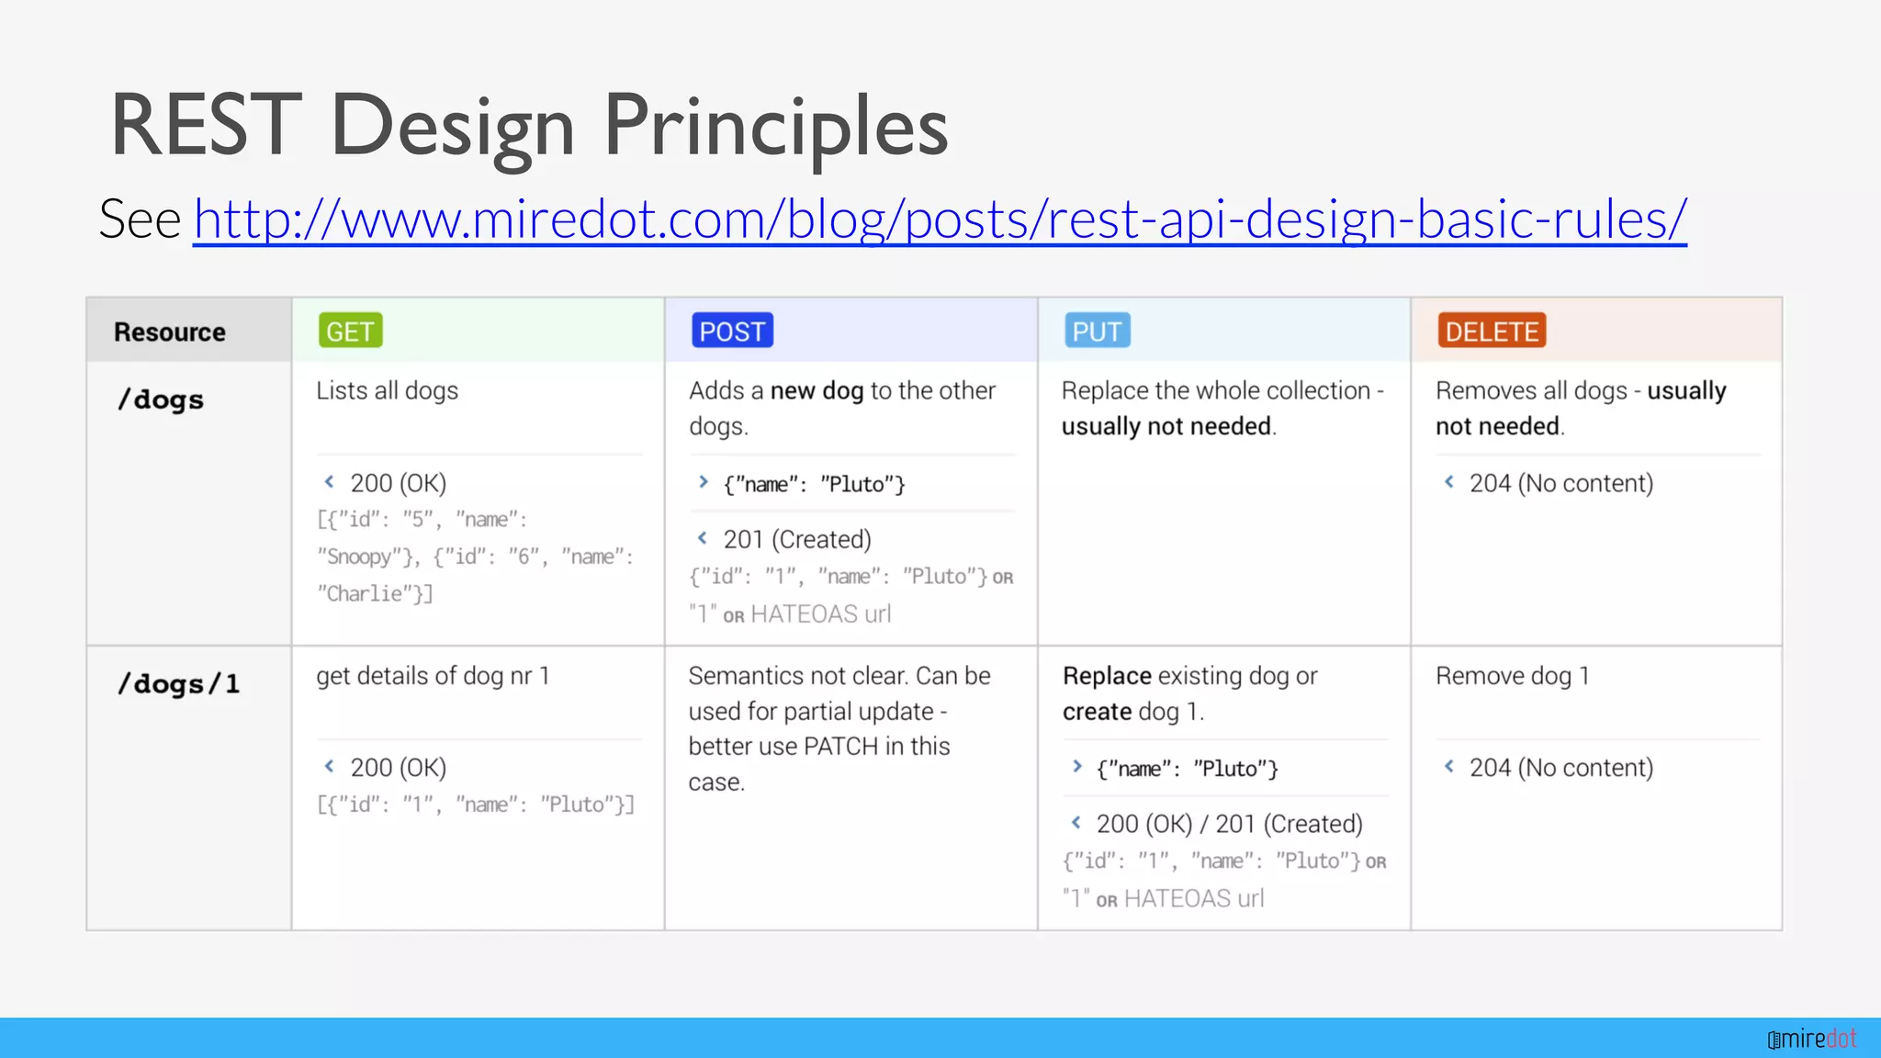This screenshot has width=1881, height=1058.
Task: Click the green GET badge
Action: pos(350,332)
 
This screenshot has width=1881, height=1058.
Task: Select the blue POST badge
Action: pos(732,332)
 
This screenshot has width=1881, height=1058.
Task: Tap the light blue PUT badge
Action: pos(1097,332)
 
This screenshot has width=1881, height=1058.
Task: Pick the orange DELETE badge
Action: pos(1492,332)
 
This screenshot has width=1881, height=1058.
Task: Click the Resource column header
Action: pos(170,332)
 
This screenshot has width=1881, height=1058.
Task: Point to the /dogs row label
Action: pos(161,400)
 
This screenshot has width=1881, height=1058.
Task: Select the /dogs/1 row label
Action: pos(179,685)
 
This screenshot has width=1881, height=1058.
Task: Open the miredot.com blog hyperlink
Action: pos(939,219)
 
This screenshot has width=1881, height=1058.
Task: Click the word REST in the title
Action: pos(206,126)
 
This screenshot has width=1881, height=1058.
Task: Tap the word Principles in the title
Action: pos(775,126)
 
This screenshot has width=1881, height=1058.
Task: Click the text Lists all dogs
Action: pos(387,391)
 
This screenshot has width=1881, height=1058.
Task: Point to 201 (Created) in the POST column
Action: pos(796,540)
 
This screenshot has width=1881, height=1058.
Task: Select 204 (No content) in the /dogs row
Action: pos(1560,484)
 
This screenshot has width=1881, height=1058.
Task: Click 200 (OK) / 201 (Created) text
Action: pos(1229,825)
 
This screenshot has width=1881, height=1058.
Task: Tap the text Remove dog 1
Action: pos(1512,677)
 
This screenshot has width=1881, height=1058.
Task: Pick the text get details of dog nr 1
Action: pos(433,677)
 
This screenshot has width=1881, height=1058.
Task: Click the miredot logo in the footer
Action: pos(1811,1039)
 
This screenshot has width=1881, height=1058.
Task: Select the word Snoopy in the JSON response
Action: pos(360,557)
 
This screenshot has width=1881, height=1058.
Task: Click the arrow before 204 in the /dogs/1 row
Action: pos(1448,766)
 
